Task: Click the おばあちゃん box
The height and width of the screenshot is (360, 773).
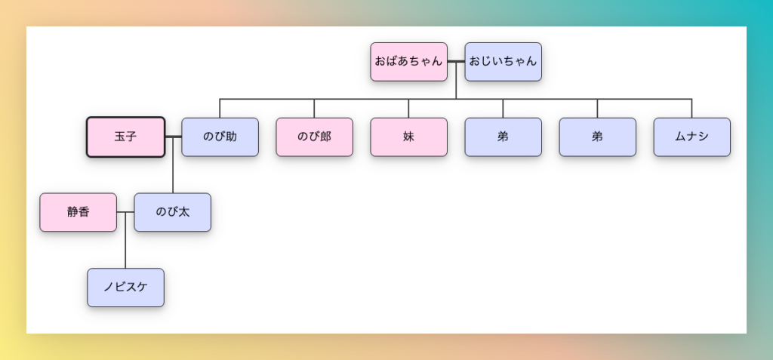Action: point(408,62)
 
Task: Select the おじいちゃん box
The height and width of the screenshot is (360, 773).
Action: point(504,62)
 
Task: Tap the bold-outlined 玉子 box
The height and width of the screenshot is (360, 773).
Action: point(125,137)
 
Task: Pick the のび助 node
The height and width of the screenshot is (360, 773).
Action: point(220,137)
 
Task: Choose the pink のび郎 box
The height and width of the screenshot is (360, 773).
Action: point(314,137)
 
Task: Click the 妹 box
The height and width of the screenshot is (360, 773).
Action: point(408,137)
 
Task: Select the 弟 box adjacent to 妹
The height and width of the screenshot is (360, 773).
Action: point(503,137)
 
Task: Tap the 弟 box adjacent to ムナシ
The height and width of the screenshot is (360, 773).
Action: point(597,137)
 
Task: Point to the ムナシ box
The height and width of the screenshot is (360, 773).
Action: point(691,137)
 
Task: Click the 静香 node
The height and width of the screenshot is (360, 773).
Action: point(78,212)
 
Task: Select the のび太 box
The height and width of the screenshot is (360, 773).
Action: point(172,212)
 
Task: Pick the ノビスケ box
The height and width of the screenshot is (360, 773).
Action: point(125,288)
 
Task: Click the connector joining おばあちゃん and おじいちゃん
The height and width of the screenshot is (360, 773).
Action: point(456,62)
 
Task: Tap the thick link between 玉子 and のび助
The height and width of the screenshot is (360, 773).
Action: point(173,137)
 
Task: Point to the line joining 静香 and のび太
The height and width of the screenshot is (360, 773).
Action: point(125,212)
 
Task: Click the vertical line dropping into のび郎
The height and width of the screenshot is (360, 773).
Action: point(314,108)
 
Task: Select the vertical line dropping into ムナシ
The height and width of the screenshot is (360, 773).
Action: point(691,108)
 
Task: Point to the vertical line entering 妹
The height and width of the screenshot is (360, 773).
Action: point(408,108)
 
